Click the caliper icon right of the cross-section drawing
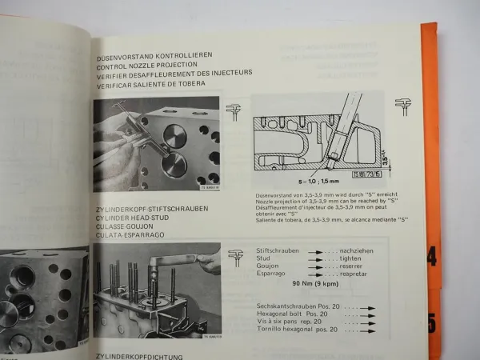point(400,106)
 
